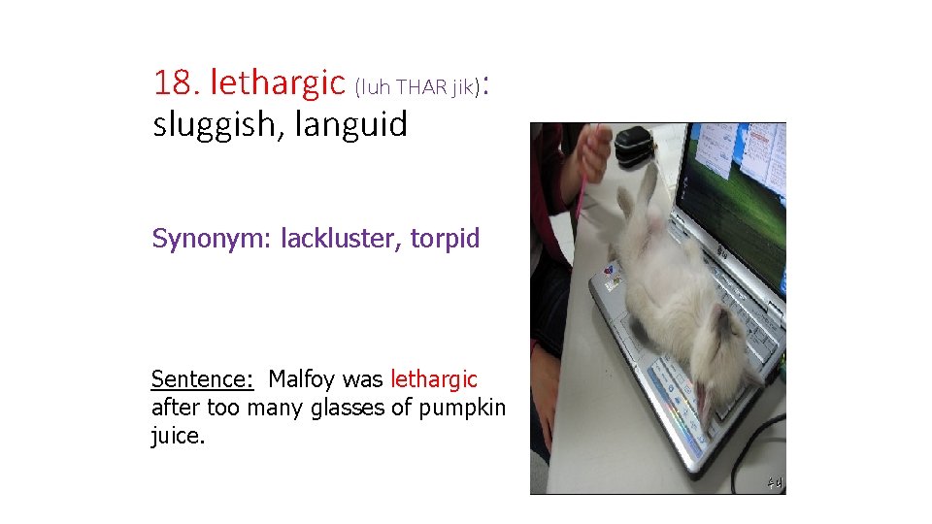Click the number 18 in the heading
(174, 83)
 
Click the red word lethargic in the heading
(278, 83)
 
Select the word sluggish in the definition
(206, 125)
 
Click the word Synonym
(212, 239)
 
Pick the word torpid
(445, 238)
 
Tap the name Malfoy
(302, 378)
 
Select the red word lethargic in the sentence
(434, 378)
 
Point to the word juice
(178, 437)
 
